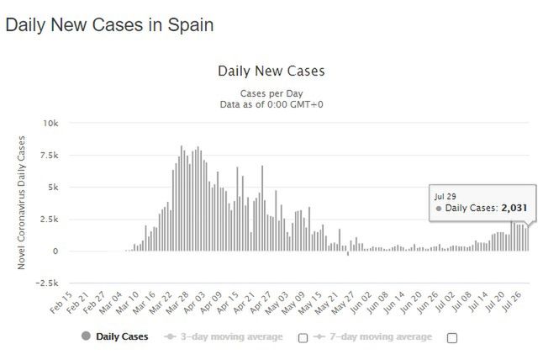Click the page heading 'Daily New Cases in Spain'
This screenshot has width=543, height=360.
click(109, 25)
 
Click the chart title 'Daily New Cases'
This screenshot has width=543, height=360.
click(271, 71)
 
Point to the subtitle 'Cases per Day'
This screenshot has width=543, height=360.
click(271, 93)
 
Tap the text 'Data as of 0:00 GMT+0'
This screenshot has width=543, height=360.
click(271, 104)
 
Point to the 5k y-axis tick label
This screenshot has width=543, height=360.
click(53, 187)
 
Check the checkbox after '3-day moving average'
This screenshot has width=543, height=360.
click(303, 337)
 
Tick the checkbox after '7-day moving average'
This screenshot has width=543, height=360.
click(451, 337)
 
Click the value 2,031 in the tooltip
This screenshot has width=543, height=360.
click(514, 207)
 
